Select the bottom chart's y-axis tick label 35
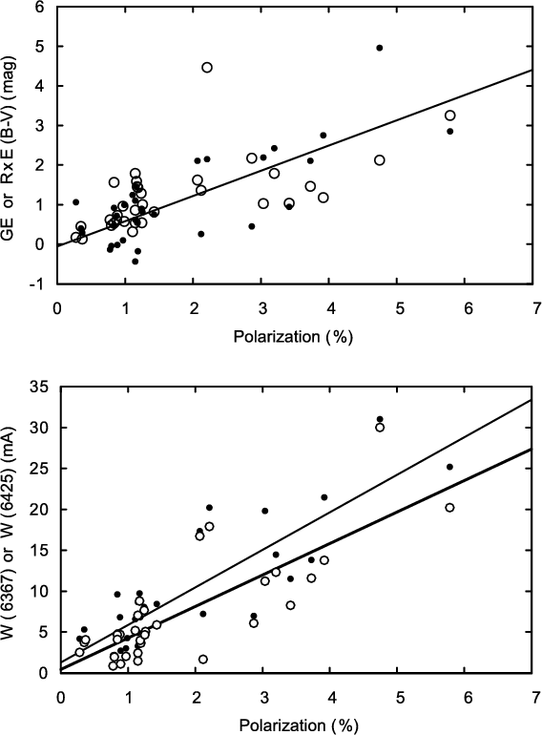40,388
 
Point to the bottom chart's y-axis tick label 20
40,510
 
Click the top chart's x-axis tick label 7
532,308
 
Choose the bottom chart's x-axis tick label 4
332,697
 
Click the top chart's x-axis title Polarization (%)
293,337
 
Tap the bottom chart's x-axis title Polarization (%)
299,725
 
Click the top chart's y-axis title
10,148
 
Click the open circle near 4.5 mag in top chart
207,68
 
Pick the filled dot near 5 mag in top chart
380,48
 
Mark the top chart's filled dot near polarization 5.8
449,132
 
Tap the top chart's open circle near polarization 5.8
449,115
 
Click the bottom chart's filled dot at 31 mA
380,419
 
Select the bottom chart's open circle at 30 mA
380,428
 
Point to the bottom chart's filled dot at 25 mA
449,467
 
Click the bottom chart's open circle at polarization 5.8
449,508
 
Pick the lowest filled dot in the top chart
135,262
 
